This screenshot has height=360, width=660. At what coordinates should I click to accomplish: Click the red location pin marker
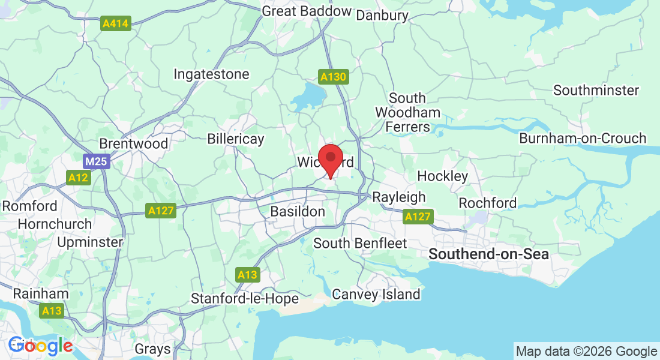(330, 159)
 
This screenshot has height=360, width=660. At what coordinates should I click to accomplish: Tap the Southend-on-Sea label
(488, 254)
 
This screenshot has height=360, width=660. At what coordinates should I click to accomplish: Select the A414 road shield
(115, 24)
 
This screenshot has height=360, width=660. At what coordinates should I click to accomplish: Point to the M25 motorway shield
(96, 161)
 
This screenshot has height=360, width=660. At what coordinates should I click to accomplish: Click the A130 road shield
(332, 77)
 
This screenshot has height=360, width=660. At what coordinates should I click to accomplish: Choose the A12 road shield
(78, 178)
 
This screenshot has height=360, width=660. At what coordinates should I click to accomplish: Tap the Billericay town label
(235, 139)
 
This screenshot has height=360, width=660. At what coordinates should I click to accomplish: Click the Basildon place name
(298, 211)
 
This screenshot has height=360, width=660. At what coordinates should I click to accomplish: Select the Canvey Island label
(376, 294)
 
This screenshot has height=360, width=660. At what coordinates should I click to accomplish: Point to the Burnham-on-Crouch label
(583, 138)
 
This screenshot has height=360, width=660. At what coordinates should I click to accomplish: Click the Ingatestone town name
(211, 74)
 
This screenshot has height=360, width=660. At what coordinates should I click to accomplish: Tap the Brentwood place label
(133, 144)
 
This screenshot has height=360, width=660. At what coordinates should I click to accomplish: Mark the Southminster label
(596, 90)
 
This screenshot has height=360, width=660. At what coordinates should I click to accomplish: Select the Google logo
(40, 346)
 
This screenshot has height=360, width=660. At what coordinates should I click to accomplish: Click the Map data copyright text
(586, 352)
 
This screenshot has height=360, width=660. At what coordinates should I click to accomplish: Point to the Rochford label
(487, 203)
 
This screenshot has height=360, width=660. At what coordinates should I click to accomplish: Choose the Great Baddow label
(307, 11)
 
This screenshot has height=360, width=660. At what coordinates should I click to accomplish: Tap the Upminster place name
(91, 242)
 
